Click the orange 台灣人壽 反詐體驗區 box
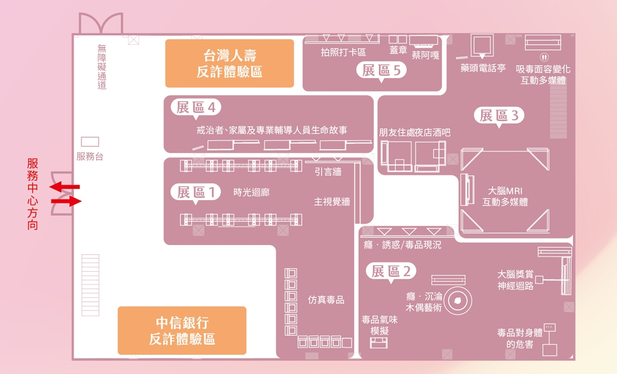(x=229, y=63)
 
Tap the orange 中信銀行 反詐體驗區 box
(x=182, y=331)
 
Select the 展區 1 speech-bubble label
(x=196, y=192)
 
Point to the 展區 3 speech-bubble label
(x=499, y=115)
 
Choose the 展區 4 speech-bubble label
(x=196, y=107)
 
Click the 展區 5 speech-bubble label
(x=382, y=70)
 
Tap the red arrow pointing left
(x=65, y=187)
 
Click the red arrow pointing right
(x=67, y=201)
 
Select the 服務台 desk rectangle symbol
(x=90, y=142)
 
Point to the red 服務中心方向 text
(x=33, y=194)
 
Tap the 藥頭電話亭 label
(x=483, y=68)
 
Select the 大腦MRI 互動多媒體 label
(x=505, y=196)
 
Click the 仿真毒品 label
(x=326, y=300)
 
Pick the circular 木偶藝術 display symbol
(x=458, y=301)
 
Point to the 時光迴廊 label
(x=252, y=192)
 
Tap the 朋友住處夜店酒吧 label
(x=414, y=132)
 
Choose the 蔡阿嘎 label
(x=425, y=55)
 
